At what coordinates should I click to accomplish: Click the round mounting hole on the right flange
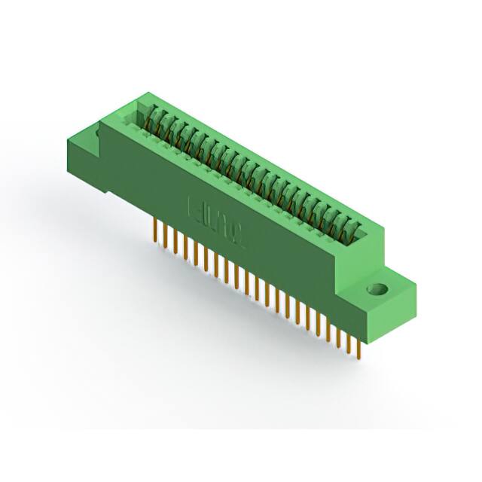374,288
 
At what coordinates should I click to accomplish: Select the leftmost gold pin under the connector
155,230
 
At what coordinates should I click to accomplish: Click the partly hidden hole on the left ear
99,134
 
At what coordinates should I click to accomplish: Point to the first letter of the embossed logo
191,205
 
